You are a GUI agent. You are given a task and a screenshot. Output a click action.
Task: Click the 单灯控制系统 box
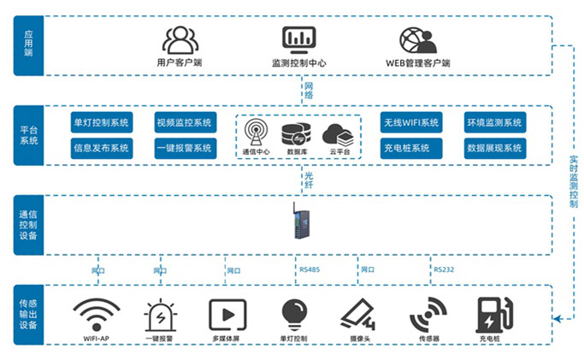click(102, 123)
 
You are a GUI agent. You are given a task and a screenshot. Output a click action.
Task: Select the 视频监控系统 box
click(184, 123)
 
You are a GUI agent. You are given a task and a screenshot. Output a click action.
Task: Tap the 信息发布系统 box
click(102, 148)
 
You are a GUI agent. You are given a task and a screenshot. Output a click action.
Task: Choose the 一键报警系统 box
click(184, 148)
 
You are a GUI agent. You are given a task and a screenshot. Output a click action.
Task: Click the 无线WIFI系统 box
click(411, 123)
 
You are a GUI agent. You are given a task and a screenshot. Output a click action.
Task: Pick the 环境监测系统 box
click(494, 123)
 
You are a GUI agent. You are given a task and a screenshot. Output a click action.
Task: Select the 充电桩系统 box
click(411, 148)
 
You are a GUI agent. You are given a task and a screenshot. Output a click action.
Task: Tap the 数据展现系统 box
click(494, 148)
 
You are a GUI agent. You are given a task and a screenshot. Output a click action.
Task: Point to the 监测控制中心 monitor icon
click(298, 39)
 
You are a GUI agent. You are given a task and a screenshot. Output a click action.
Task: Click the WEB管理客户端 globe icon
click(417, 40)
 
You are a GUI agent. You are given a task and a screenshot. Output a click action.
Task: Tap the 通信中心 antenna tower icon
click(255, 133)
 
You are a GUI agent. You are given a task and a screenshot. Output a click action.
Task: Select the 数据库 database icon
click(294, 134)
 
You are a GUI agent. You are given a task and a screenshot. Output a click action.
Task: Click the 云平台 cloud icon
click(337, 134)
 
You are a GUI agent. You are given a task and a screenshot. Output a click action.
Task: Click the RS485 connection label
click(310, 270)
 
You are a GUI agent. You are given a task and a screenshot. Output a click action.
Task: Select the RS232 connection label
click(443, 270)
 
